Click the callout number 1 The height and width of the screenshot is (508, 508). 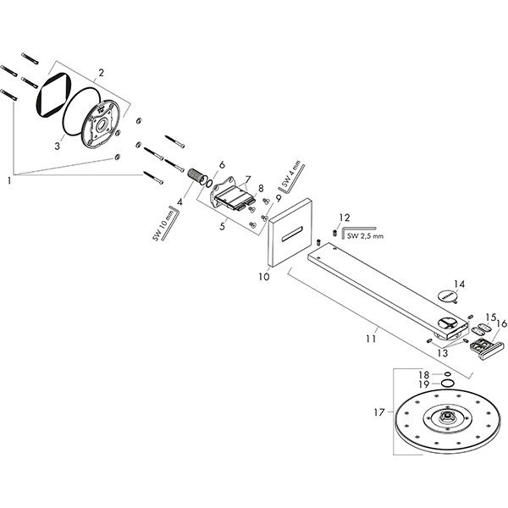[x=10, y=179]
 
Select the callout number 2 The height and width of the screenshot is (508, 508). [x=101, y=73]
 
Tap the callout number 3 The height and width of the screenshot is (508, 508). [x=58, y=146]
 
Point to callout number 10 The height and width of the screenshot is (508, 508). [x=263, y=276]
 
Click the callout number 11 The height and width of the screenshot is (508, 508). [x=369, y=339]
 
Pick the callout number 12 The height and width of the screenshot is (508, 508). [x=344, y=218]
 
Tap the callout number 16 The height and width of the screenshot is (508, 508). [x=501, y=323]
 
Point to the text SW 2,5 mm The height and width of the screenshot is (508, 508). [x=365, y=235]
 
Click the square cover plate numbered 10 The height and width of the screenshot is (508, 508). [x=290, y=231]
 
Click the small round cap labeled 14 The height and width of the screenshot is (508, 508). [x=449, y=296]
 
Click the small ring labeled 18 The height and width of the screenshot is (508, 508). [x=447, y=373]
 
